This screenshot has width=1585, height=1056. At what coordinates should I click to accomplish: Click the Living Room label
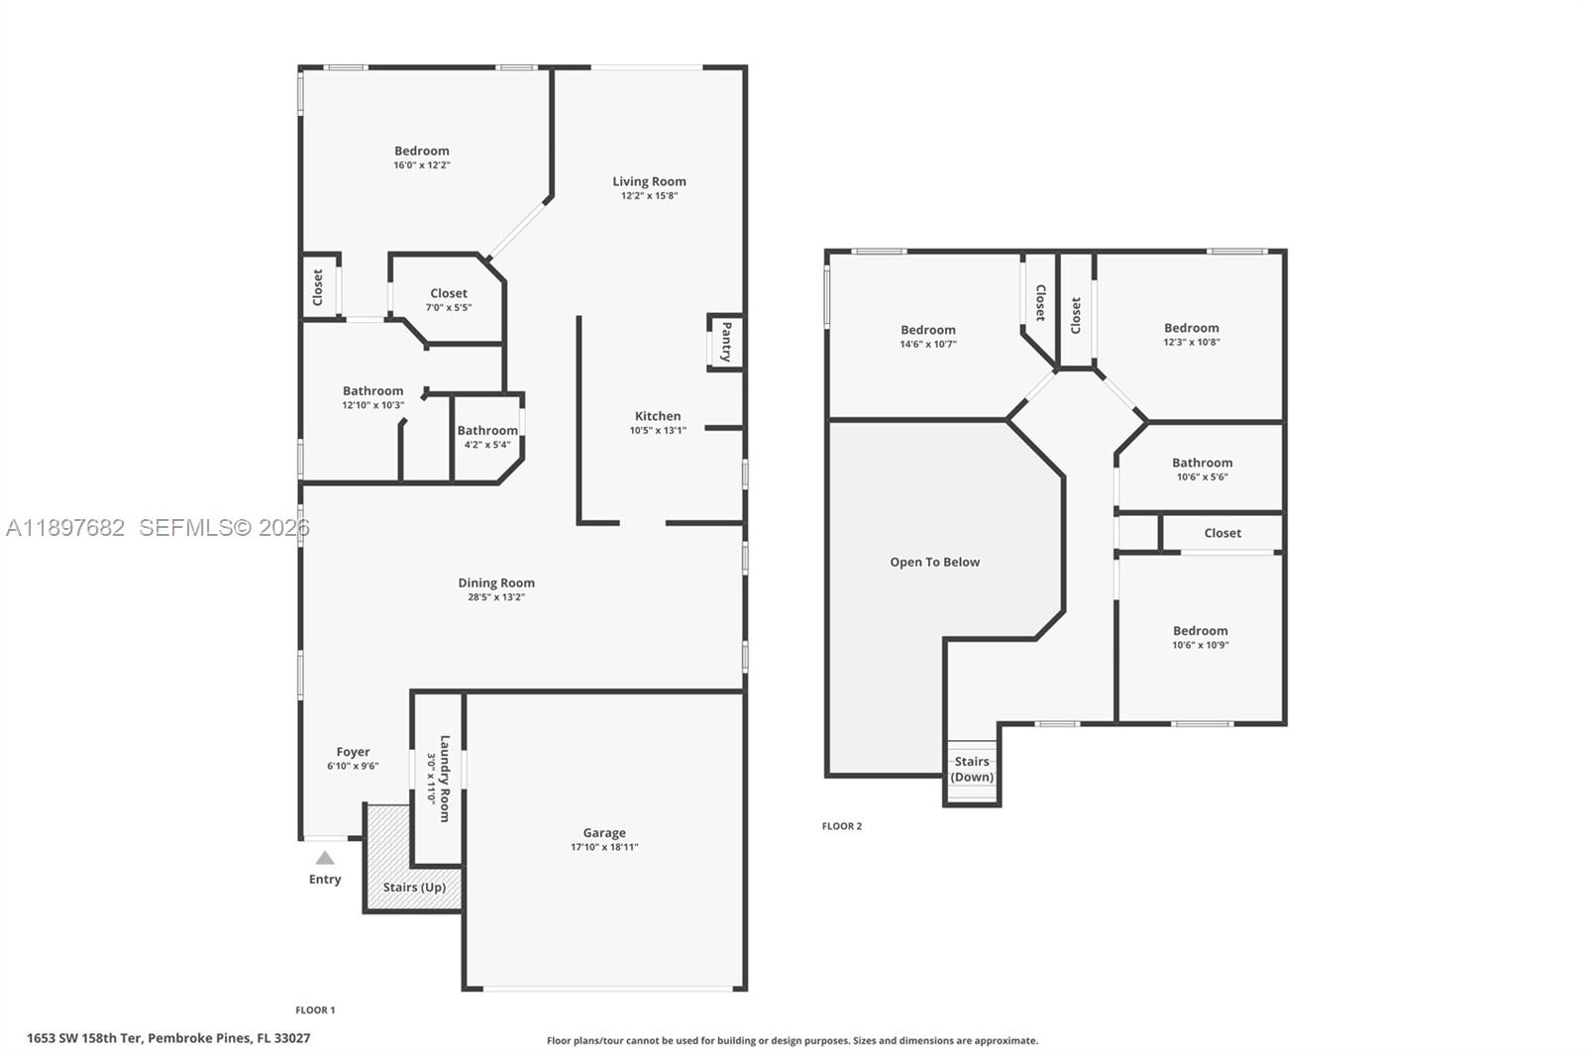(x=649, y=181)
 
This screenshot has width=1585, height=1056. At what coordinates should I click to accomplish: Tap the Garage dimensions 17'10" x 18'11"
(x=604, y=847)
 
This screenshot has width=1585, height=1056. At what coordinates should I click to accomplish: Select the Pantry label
(x=726, y=342)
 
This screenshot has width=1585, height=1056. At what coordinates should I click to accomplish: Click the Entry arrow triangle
(x=325, y=858)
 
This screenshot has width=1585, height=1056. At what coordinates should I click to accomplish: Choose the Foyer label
(x=353, y=752)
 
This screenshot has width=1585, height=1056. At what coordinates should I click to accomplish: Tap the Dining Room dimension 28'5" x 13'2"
(x=496, y=597)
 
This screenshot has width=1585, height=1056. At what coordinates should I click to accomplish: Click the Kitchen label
(x=658, y=416)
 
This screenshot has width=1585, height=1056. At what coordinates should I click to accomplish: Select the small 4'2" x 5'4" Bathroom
(x=487, y=437)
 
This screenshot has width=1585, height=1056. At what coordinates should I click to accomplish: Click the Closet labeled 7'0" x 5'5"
(x=449, y=299)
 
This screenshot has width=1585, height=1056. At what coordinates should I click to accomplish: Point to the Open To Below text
(x=934, y=562)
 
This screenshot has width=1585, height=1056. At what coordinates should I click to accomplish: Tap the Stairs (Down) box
(x=972, y=770)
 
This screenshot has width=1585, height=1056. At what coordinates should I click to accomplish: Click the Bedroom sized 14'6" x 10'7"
(x=928, y=337)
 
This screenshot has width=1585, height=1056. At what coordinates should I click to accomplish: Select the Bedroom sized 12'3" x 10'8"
(x=1191, y=335)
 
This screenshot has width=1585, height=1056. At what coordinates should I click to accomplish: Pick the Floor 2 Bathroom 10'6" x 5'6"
(x=1202, y=469)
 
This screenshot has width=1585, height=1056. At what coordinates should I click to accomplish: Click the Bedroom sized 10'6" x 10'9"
(x=1200, y=637)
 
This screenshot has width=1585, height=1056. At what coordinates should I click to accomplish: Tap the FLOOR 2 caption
(x=841, y=826)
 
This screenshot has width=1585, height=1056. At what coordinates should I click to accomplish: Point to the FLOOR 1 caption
(x=315, y=1010)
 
